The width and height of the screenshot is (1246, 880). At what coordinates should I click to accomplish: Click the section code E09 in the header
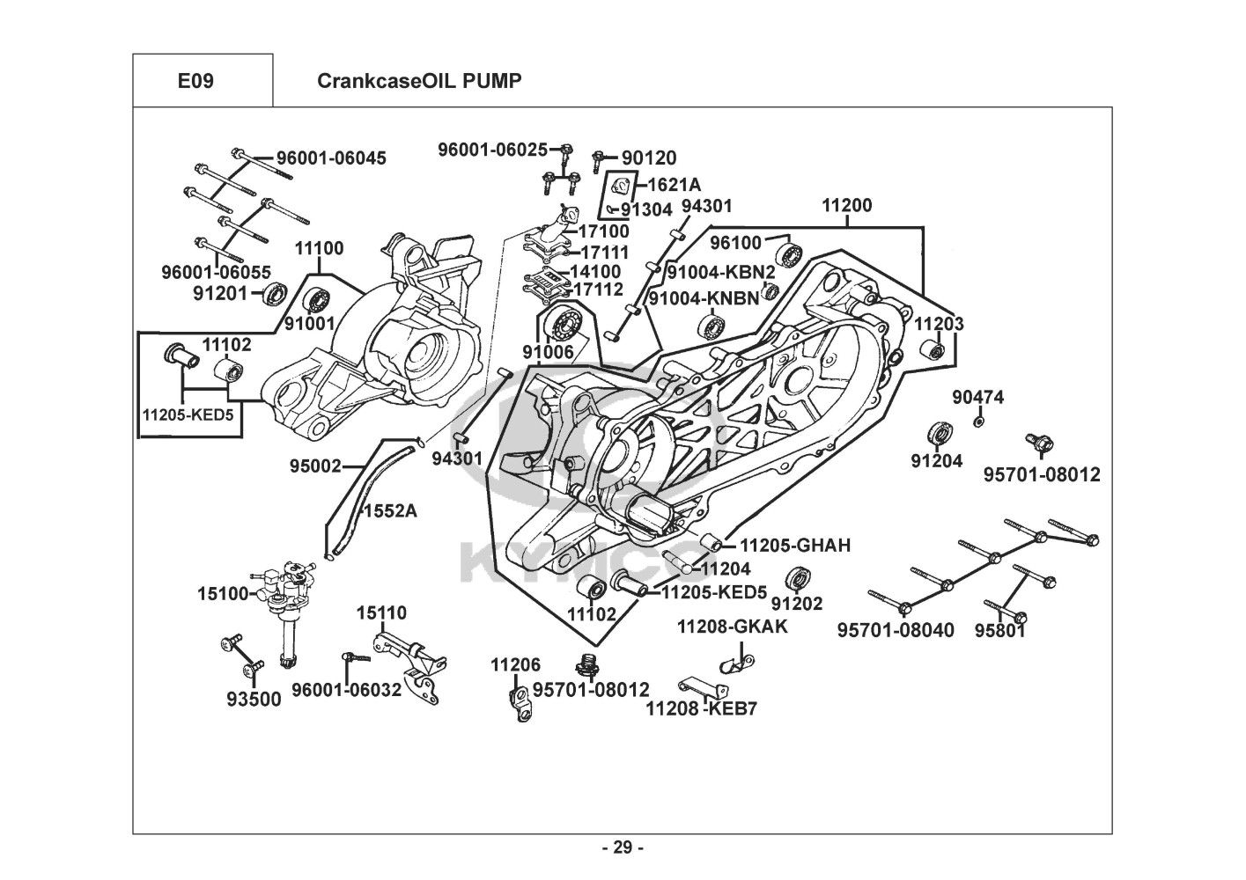click(x=195, y=81)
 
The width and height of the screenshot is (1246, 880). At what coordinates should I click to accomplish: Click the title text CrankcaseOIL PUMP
click(x=419, y=81)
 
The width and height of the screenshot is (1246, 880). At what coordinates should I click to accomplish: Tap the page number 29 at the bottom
click(x=623, y=847)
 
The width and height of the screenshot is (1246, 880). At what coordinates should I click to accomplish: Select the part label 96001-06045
click(x=331, y=158)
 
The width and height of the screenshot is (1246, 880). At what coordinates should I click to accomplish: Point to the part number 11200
click(x=847, y=205)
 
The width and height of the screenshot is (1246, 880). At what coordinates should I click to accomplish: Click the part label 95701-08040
click(x=896, y=630)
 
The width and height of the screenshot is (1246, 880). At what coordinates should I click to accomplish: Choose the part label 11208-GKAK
click(x=732, y=627)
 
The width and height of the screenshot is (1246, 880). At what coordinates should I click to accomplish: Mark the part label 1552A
click(x=390, y=510)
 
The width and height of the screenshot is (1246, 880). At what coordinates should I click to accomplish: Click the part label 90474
click(x=977, y=398)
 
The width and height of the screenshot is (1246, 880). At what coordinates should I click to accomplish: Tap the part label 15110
click(x=381, y=612)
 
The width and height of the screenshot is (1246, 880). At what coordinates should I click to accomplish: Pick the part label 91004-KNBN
click(x=704, y=297)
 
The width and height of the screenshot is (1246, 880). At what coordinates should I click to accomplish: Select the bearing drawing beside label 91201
click(x=276, y=293)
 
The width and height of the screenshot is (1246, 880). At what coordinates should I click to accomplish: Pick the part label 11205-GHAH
click(x=795, y=546)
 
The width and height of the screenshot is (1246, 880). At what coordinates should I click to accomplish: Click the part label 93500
click(x=254, y=700)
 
